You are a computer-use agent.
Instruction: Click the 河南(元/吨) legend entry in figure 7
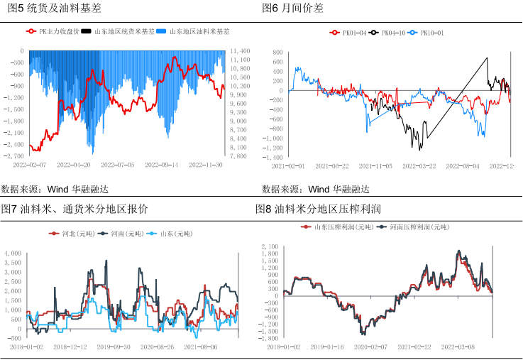coord(115,233)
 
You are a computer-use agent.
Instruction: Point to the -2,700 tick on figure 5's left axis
coord(14,156)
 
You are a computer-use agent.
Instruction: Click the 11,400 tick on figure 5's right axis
coord(241,52)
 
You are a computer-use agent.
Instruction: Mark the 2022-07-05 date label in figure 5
coord(118,165)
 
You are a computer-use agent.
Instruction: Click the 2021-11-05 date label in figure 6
coord(375,165)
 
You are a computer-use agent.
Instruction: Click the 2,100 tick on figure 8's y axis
coord(271,246)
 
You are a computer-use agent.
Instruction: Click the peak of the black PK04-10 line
coord(487,58)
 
